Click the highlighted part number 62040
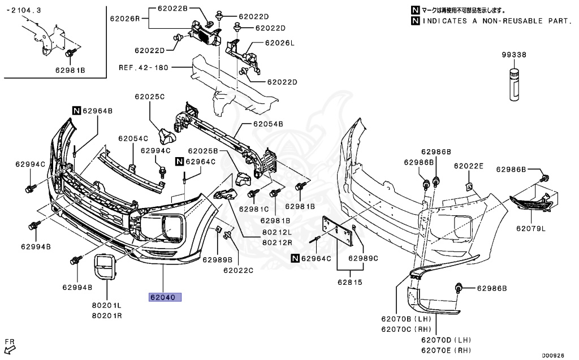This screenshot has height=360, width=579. tap(165, 297)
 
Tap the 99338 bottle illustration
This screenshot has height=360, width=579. tap(513, 85)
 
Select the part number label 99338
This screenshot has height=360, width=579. tap(513, 55)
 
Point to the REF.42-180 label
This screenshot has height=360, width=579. tap(144, 67)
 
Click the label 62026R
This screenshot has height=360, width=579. tap(125, 19)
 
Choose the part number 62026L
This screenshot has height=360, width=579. tap(281, 43)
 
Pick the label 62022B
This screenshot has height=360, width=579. tap(171, 9)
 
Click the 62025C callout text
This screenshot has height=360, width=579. tap(149, 97)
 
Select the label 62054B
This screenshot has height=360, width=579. tap(268, 123)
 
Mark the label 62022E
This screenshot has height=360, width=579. tap(469, 166)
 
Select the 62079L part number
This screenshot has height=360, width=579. tap(530, 229)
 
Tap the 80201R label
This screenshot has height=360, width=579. tap(107, 315)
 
